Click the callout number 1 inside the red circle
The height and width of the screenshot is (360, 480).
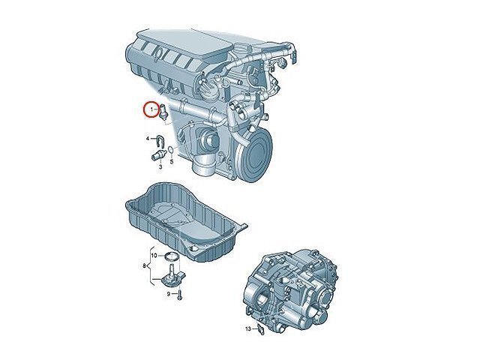click(x=151, y=109)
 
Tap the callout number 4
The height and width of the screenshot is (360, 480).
click(x=148, y=139)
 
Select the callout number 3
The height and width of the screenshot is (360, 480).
click(x=160, y=166)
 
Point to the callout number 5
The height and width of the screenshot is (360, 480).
click(x=172, y=161)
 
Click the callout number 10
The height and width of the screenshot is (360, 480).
click(x=154, y=255)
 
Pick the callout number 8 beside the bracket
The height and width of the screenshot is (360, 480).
click(x=144, y=266)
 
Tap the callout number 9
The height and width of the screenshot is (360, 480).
click(x=168, y=294)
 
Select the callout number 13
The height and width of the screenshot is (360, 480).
click(x=248, y=329)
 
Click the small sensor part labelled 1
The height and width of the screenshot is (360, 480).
click(x=163, y=112)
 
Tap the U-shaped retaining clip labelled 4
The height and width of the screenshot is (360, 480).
click(x=159, y=140)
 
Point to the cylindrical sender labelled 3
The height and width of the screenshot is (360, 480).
click(x=159, y=155)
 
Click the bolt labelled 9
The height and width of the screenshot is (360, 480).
click(x=179, y=295)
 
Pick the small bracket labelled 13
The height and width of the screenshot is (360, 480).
click(x=260, y=329)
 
